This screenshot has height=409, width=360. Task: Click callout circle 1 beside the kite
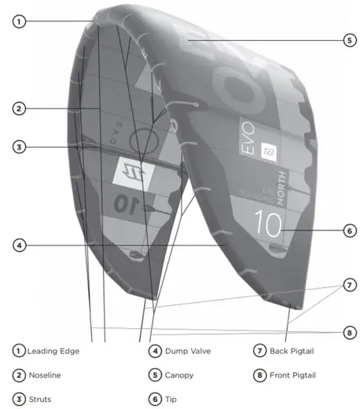(19, 21)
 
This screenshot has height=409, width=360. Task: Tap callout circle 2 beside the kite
(19, 109)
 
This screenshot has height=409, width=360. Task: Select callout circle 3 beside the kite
(19, 147)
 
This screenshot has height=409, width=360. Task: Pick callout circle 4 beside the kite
(19, 245)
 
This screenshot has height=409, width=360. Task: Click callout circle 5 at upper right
(350, 41)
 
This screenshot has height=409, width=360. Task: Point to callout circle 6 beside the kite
(350, 231)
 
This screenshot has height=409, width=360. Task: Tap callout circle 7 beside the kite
(350, 285)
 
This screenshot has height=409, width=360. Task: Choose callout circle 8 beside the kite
(350, 333)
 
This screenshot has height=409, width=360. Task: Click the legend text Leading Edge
(53, 351)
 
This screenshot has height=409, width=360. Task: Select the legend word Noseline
(45, 375)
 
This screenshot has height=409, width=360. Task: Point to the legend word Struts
(40, 400)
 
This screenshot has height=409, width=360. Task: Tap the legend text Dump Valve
(188, 351)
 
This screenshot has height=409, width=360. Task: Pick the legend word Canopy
(179, 375)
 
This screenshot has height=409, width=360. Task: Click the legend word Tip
(171, 400)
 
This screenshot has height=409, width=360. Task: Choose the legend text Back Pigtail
(292, 351)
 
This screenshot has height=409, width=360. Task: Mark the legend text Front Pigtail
(292, 375)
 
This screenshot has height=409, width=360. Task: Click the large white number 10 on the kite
(268, 223)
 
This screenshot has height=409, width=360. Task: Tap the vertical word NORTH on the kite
(281, 188)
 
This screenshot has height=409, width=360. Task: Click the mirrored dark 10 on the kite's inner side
(127, 204)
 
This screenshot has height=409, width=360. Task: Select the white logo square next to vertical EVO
(269, 153)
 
